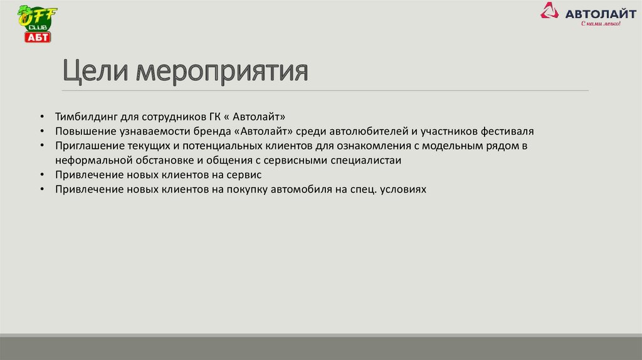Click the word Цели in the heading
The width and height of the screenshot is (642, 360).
pos(97,71)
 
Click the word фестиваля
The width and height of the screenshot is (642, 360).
pos(507,132)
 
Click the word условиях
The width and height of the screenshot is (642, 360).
pos(403,189)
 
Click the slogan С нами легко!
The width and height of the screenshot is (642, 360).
pos(600,24)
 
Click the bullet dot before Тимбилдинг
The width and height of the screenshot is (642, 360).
pos(41,118)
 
